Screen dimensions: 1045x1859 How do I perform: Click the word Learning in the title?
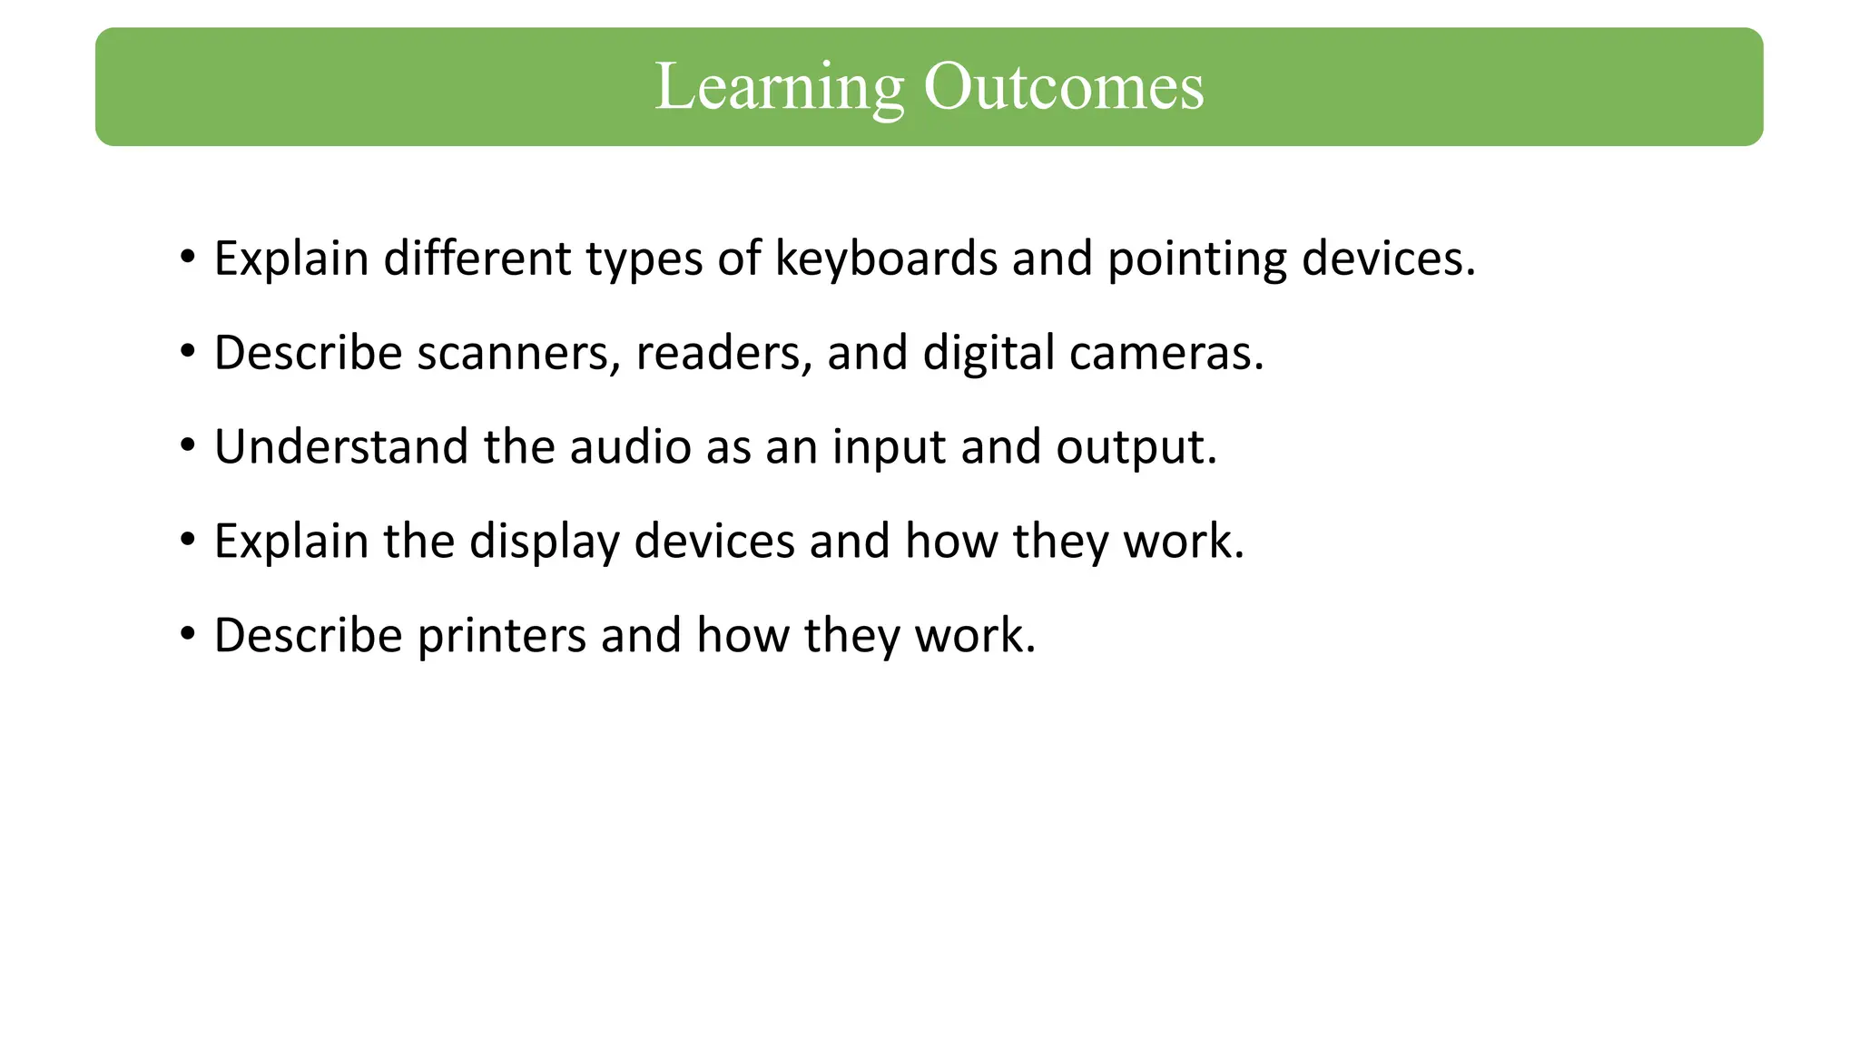click(779, 87)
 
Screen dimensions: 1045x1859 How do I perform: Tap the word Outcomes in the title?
click(1063, 87)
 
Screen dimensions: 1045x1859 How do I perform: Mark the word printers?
click(501, 636)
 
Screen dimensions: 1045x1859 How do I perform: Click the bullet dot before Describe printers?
click(188, 634)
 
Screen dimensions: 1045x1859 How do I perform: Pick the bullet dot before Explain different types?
click(188, 258)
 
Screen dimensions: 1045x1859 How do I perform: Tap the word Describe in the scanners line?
click(308, 353)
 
